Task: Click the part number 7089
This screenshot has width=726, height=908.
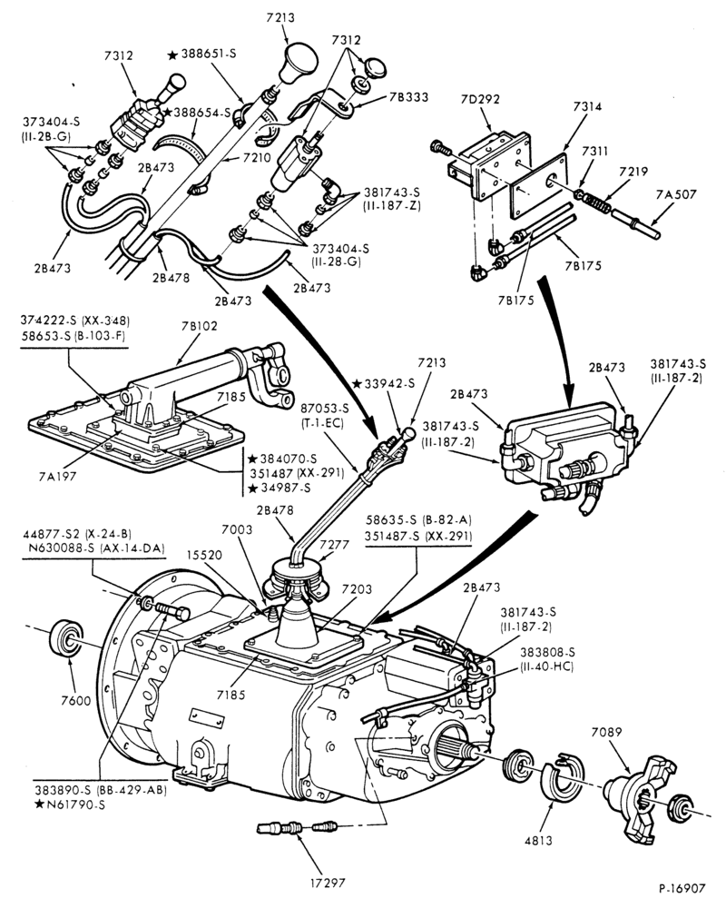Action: pyautogui.click(x=607, y=732)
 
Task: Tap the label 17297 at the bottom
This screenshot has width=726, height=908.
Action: pyautogui.click(x=327, y=883)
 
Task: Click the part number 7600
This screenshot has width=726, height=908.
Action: pyautogui.click(x=76, y=701)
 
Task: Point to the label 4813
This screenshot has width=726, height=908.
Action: pyautogui.click(x=538, y=840)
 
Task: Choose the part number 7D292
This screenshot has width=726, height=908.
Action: pyautogui.click(x=481, y=99)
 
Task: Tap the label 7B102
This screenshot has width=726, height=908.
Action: pyautogui.click(x=199, y=326)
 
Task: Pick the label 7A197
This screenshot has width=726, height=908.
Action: pyautogui.click(x=57, y=476)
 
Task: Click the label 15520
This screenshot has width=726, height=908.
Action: pyautogui.click(x=204, y=555)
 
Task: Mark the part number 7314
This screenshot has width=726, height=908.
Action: pyautogui.click(x=587, y=106)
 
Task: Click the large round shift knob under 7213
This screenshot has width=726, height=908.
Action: pyautogui.click(x=299, y=63)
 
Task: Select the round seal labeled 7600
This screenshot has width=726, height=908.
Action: pyautogui.click(x=66, y=638)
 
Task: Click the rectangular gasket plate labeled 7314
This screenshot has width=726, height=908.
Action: pyautogui.click(x=537, y=185)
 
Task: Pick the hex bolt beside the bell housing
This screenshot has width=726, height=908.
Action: pyautogui.click(x=172, y=611)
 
